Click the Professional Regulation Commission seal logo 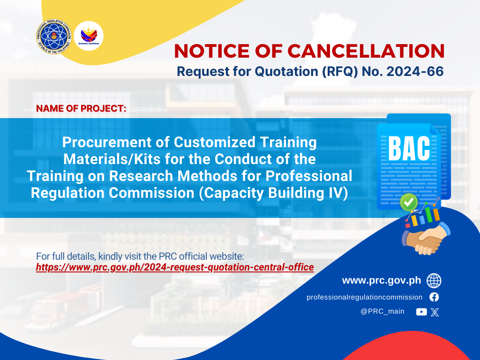(x=53, y=37)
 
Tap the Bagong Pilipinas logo (x=89, y=36)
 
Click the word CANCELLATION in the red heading (x=366, y=51)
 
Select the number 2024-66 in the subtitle (x=415, y=71)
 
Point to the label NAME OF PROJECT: (x=81, y=108)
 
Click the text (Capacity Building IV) (x=273, y=193)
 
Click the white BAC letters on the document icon (x=409, y=149)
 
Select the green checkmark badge (x=409, y=202)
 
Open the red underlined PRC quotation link (x=175, y=267)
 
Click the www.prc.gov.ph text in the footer (x=382, y=280)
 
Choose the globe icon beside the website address (x=434, y=281)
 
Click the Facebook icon (x=434, y=297)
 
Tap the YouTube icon (x=421, y=312)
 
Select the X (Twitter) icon (x=435, y=312)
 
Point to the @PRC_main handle (x=382, y=312)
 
